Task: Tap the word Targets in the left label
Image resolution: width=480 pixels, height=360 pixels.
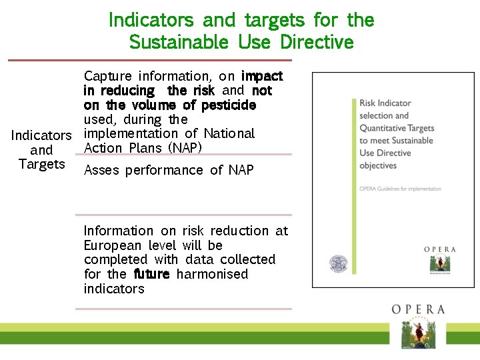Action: pyautogui.click(x=41, y=164)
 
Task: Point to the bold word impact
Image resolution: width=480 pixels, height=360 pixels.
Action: pyautogui.click(x=262, y=76)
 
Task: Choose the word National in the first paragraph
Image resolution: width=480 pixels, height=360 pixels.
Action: pyautogui.click(x=229, y=133)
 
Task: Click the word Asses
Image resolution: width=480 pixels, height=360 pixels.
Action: pyautogui.click(x=101, y=170)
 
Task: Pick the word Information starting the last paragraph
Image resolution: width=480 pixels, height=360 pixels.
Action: pyautogui.click(x=118, y=231)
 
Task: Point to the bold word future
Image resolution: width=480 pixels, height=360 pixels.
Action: pyautogui.click(x=151, y=274)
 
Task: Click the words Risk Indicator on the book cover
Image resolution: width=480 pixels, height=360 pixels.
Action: pyautogui.click(x=385, y=103)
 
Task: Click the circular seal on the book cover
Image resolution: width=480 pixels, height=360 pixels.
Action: pyautogui.click(x=339, y=264)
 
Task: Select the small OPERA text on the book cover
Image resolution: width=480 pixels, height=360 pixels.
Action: pyautogui.click(x=440, y=249)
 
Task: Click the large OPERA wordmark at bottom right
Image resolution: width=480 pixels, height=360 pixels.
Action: pyautogui.click(x=418, y=309)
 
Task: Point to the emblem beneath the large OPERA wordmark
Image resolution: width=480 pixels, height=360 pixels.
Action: pyautogui.click(x=418, y=333)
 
